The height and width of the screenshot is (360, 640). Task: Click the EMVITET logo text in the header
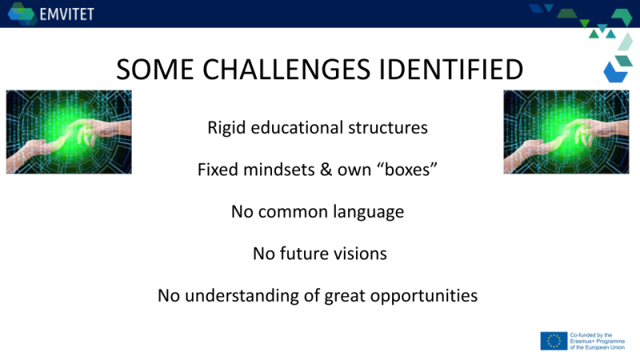(67, 14)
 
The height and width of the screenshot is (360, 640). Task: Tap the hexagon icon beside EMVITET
(22, 14)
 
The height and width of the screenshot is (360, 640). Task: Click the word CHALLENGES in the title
(286, 69)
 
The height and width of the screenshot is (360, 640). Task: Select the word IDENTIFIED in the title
(451, 69)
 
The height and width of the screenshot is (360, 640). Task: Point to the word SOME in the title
(155, 69)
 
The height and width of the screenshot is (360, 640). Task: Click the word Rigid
(226, 128)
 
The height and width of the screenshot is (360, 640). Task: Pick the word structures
(388, 128)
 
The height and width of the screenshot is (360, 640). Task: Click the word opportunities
(424, 296)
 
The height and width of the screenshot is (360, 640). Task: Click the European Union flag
(554, 342)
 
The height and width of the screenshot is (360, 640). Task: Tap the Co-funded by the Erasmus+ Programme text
(597, 342)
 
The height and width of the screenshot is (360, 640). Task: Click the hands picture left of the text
(69, 132)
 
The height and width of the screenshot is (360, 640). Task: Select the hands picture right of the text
(566, 132)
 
